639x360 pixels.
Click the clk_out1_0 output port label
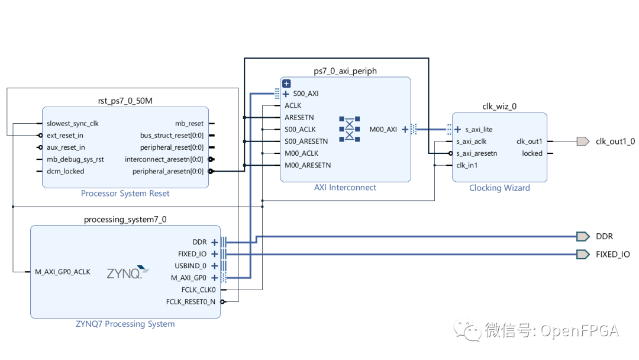(615, 142)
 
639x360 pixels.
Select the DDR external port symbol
(583, 236)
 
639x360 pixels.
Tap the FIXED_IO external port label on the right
(612, 255)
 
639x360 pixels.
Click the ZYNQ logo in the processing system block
(124, 273)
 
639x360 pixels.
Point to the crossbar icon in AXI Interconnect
(349, 128)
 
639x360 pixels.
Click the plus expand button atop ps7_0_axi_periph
(286, 84)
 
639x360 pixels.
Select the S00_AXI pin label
(305, 94)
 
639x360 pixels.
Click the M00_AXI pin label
(383, 129)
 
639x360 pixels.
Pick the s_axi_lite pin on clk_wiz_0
(479, 130)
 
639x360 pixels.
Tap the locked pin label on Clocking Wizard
(532, 153)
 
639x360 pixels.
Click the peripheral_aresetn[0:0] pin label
(167, 171)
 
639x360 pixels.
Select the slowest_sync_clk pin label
(73, 124)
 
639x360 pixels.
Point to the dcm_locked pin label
(65, 171)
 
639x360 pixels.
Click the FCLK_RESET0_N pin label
(191, 302)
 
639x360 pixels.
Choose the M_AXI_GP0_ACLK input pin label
(62, 272)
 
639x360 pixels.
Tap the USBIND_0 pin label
(191, 266)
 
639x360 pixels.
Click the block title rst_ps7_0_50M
(125, 101)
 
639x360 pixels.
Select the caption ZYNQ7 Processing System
(125, 324)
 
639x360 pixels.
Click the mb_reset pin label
(189, 124)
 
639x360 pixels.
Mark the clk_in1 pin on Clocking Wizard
(467, 165)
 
